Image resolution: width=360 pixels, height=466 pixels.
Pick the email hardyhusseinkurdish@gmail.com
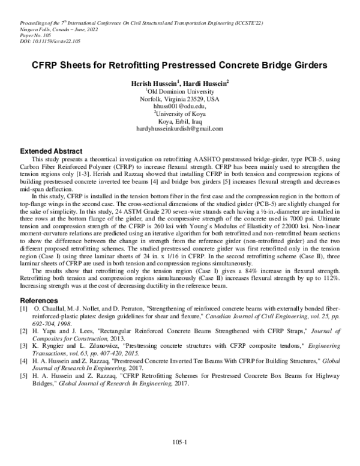[179, 129]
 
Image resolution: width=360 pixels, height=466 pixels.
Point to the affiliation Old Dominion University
[180, 91]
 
